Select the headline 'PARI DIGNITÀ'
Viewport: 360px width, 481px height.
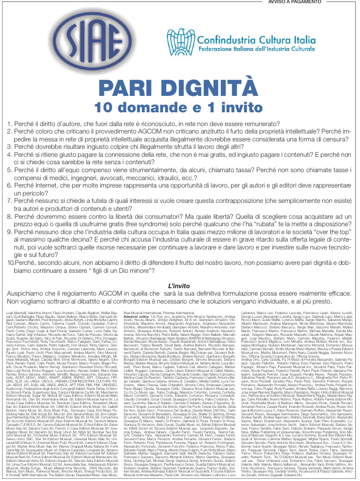click(179, 87)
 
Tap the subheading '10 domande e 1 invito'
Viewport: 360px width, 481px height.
click(179, 106)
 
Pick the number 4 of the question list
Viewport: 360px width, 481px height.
click(9, 154)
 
